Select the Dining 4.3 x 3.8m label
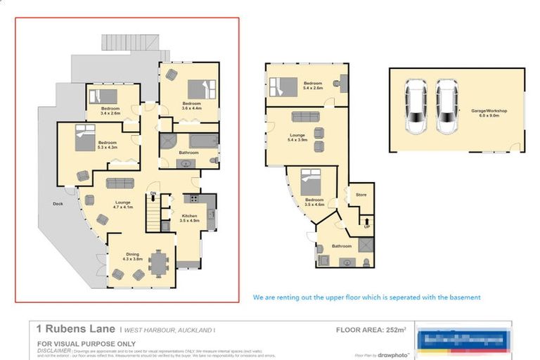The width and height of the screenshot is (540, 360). point(132,257)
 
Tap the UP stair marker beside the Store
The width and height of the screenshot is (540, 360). point(366,226)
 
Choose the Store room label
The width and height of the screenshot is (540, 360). point(361,195)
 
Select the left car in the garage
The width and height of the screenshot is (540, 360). point(416,106)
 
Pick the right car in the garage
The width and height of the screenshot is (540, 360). point(447,106)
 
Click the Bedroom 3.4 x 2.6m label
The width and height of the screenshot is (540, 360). point(110,110)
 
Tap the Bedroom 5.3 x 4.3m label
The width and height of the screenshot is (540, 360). point(108,145)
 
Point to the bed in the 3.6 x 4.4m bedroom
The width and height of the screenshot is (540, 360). point(199,89)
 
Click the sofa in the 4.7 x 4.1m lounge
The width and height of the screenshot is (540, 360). point(120,183)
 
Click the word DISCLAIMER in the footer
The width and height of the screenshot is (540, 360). point(54,349)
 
